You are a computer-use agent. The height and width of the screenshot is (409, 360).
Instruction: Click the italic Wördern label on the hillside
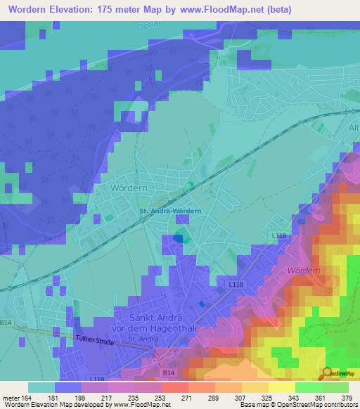pyautogui.click(x=304, y=270)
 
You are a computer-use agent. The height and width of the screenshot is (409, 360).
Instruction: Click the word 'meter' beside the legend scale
pyautogui.click(x=10, y=397)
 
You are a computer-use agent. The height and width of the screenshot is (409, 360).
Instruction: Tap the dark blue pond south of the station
pyautogui.click(x=178, y=238)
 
